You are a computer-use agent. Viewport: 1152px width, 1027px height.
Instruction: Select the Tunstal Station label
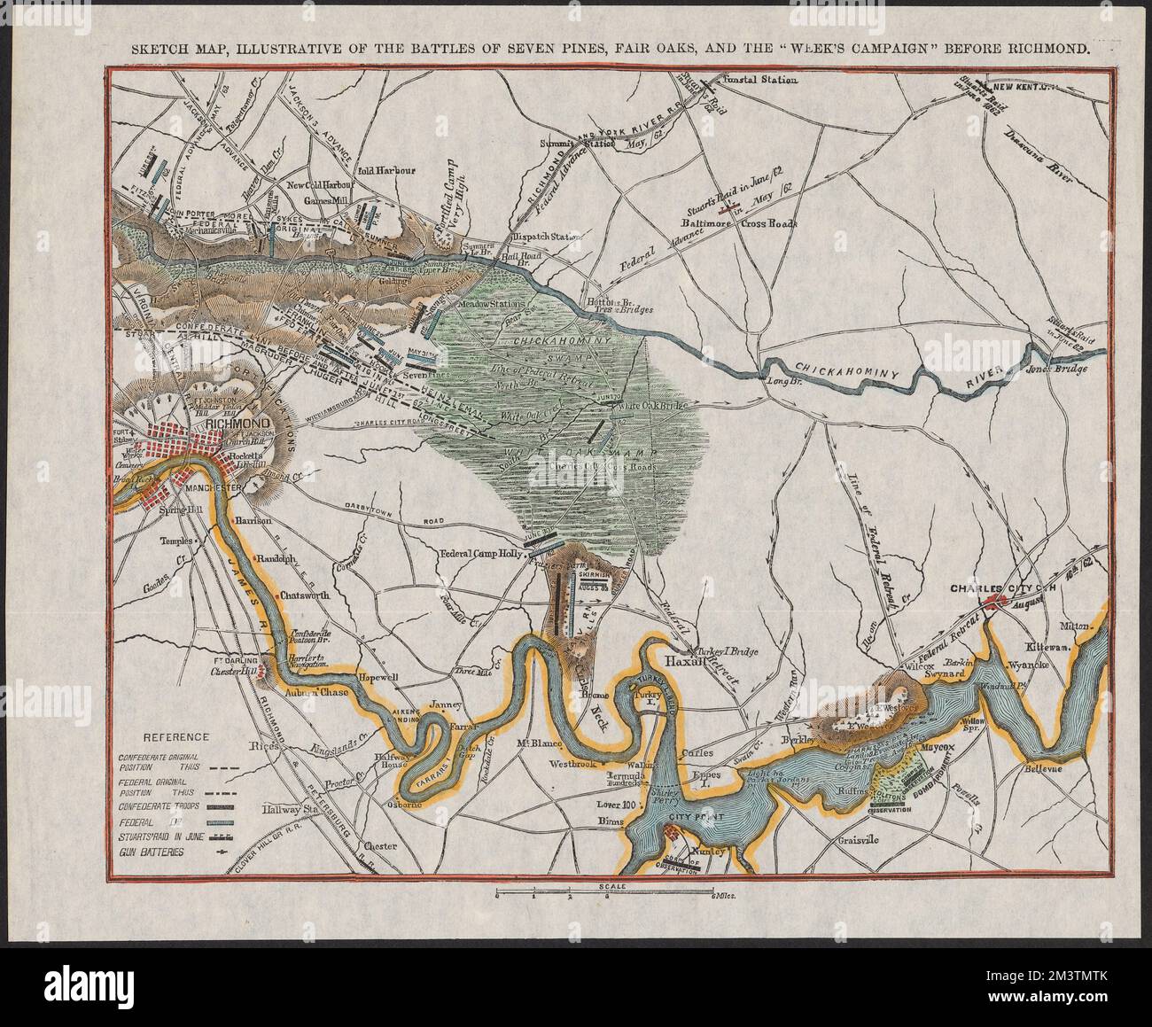(x=760, y=81)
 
